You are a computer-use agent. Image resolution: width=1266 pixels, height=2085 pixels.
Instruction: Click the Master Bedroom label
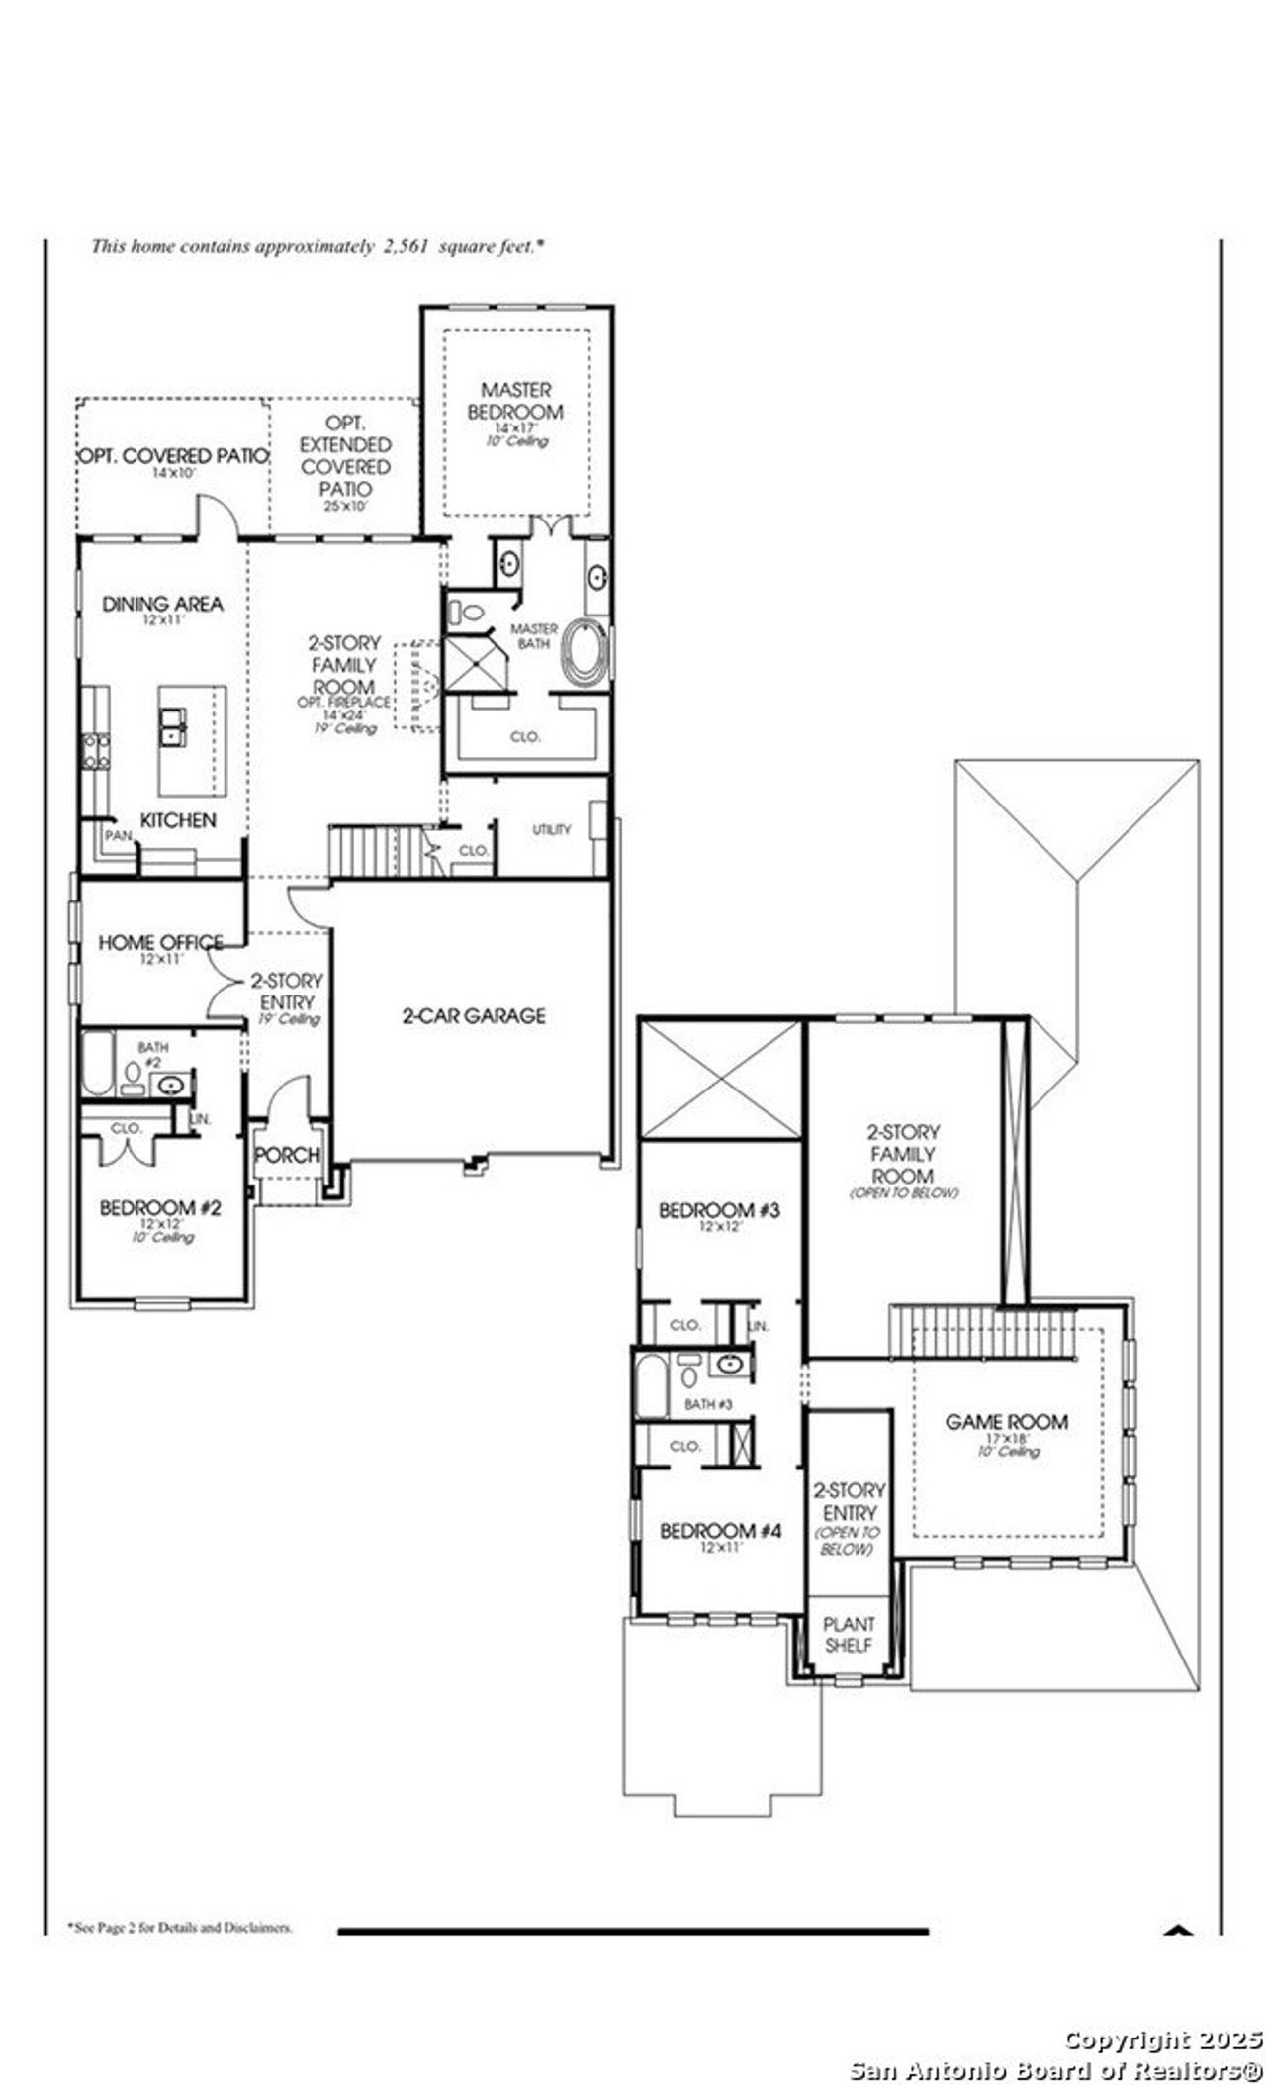click(515, 401)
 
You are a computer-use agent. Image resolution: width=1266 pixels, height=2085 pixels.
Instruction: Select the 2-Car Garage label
click(474, 1015)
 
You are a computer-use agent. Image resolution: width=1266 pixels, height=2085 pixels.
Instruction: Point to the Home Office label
click(159, 942)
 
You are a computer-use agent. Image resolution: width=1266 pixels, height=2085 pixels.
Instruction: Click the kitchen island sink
click(174, 724)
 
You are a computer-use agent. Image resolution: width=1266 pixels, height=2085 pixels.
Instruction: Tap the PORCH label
click(287, 1155)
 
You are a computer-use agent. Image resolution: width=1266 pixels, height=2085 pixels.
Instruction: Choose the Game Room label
click(1006, 1422)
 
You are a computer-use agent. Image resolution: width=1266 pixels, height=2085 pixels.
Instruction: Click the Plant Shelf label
click(849, 1634)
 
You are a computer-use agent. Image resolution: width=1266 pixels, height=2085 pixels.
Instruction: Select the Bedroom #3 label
click(720, 1209)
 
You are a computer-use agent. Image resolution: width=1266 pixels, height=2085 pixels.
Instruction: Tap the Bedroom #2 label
click(160, 1208)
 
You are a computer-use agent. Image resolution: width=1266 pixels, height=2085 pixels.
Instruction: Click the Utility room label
click(551, 829)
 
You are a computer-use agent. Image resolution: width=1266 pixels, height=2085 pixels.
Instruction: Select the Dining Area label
click(162, 604)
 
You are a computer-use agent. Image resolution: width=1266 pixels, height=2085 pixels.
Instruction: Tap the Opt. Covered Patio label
click(174, 456)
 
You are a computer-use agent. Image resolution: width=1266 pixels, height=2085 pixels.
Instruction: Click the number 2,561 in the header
click(406, 246)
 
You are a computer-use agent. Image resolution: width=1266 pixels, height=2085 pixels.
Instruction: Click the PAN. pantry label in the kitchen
click(118, 836)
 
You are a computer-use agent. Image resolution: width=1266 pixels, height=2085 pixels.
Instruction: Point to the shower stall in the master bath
click(475, 664)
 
